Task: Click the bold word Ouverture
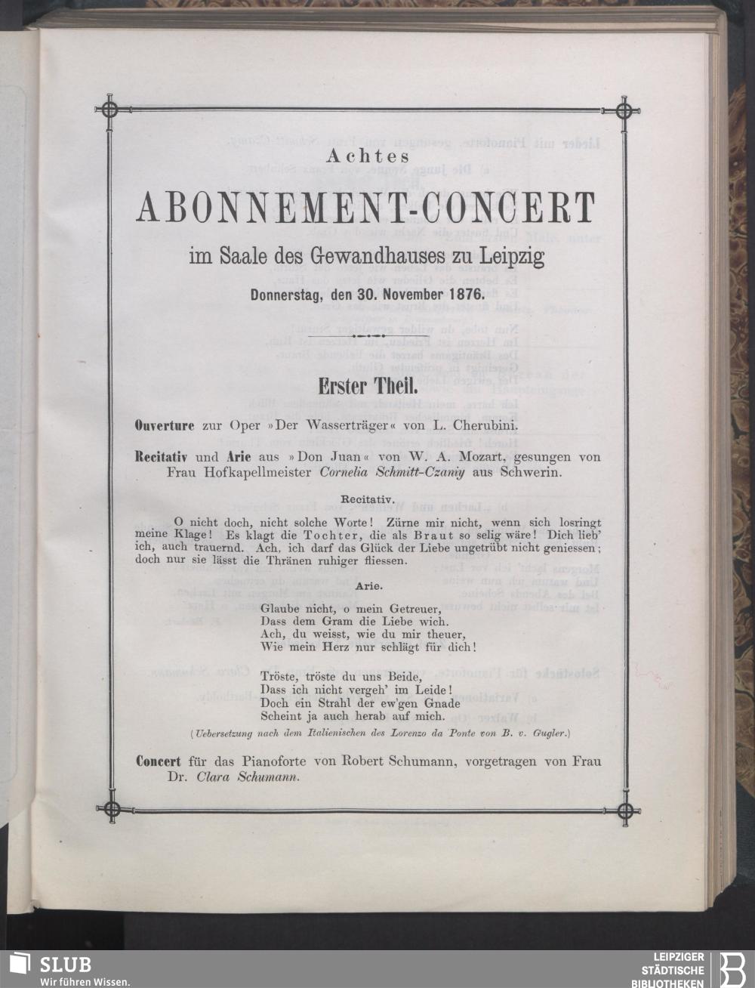[167, 425]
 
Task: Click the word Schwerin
[535, 472]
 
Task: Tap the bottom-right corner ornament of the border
[624, 812]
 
